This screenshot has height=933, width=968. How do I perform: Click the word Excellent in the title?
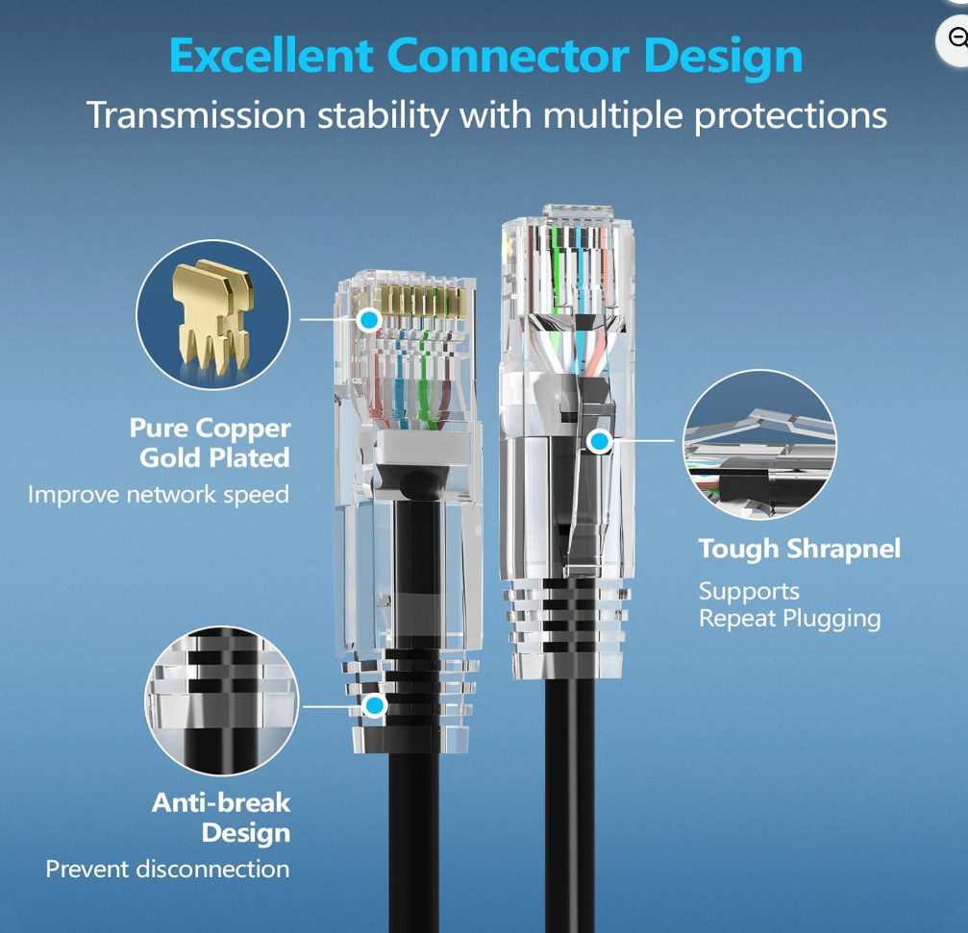(271, 56)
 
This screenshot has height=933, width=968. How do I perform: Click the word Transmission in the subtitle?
(196, 115)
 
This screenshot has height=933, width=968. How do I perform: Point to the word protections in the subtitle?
(791, 116)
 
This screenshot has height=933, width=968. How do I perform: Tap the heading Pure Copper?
(210, 429)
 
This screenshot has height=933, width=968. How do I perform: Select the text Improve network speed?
(159, 495)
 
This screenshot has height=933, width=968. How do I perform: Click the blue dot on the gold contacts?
(369, 320)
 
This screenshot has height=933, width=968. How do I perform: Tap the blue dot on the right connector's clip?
(600, 441)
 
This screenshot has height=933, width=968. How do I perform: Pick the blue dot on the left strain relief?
(374, 705)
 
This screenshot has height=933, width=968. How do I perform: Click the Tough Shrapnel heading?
(800, 549)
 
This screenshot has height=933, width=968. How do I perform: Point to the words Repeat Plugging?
(789, 619)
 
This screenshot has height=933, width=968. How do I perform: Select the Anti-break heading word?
(221, 802)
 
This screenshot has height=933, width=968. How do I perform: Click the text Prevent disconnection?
(168, 870)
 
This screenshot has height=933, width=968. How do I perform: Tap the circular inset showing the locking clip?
(760, 444)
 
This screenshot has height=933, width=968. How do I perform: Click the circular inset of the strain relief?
(222, 700)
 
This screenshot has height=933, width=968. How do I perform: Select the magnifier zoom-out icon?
(956, 39)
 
